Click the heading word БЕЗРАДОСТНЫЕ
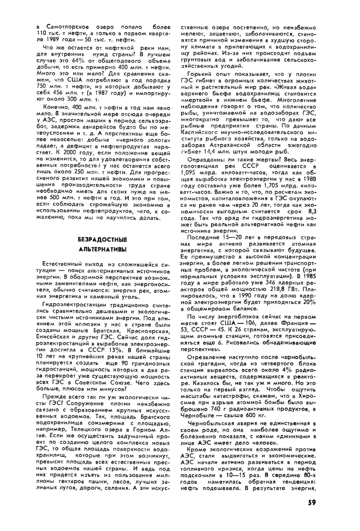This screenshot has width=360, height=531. pyautogui.click(x=102, y=240)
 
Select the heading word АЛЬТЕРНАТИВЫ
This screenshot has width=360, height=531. pyautogui.click(x=102, y=249)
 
